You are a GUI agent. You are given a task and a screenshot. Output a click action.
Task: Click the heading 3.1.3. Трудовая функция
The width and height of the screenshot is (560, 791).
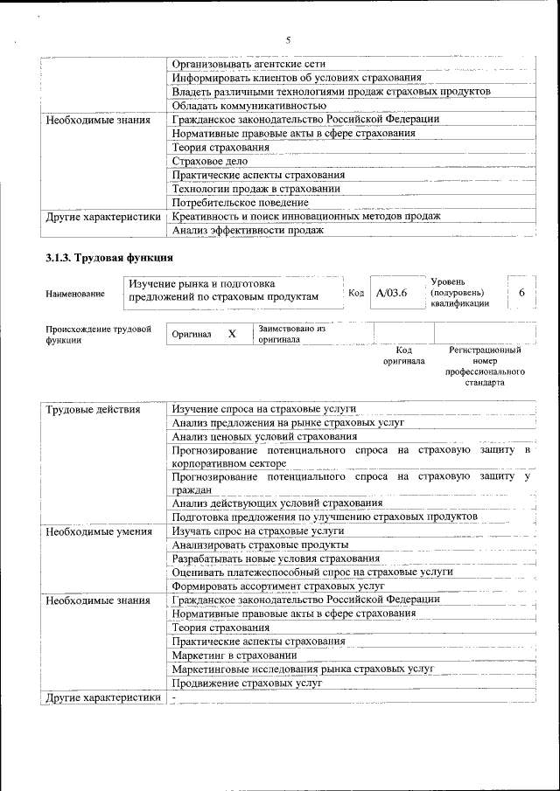(x=109, y=258)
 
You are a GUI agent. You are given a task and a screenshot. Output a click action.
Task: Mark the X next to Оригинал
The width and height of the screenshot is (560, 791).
(x=232, y=334)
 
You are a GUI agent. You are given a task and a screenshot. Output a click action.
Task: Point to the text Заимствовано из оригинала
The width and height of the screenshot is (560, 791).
(x=291, y=334)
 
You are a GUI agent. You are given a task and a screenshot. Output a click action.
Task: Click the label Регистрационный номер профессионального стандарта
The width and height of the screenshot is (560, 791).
(x=484, y=366)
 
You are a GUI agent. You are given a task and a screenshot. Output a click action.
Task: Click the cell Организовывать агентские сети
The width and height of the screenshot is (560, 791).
(x=243, y=64)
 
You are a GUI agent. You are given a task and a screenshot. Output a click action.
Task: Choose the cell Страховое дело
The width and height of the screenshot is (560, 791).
(x=210, y=161)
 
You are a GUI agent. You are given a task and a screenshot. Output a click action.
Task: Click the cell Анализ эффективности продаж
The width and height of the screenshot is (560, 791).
(x=248, y=230)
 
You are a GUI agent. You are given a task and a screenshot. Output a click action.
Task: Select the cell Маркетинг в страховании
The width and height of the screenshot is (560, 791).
(x=234, y=655)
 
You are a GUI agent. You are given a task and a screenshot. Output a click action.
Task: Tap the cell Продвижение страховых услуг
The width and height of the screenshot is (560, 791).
(x=241, y=683)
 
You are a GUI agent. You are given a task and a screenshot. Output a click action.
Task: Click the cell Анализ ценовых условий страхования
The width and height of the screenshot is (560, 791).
(x=264, y=436)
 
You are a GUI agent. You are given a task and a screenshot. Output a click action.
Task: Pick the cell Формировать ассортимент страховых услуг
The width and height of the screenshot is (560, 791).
(x=278, y=586)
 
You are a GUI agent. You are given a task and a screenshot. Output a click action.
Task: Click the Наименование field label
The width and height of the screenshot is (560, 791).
(x=74, y=295)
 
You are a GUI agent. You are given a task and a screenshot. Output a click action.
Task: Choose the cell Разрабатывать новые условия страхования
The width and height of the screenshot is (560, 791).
(x=276, y=558)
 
